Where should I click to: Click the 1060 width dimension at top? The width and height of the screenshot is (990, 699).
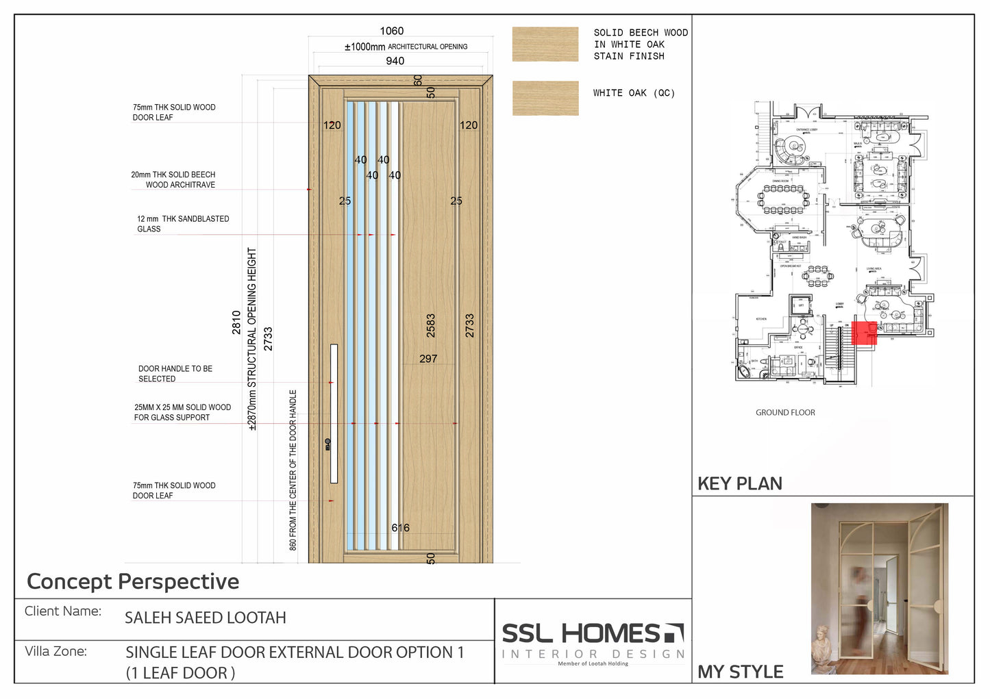392,31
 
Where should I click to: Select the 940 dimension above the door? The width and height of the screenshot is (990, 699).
395,61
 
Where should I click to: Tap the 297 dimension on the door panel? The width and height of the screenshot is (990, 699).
428,359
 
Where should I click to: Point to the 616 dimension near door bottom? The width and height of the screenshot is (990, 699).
401,528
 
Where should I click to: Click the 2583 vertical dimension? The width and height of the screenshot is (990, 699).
431,326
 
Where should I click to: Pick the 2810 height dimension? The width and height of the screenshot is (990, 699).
236,322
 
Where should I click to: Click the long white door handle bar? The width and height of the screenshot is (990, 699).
334,413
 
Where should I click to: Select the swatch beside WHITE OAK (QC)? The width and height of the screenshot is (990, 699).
545,98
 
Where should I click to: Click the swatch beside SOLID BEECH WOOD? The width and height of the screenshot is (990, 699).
545,45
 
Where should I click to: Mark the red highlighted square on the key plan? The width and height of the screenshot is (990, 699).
864,333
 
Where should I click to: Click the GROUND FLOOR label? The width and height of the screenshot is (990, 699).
785,413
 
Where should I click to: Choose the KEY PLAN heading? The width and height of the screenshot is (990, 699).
740,484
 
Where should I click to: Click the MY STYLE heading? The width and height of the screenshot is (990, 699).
741,672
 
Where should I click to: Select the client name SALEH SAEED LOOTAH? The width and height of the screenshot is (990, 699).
205,618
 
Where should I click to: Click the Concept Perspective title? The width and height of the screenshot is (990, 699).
133,582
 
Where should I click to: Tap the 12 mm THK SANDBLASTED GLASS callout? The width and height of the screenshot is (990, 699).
183,224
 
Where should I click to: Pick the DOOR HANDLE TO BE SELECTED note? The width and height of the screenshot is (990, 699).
175,374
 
